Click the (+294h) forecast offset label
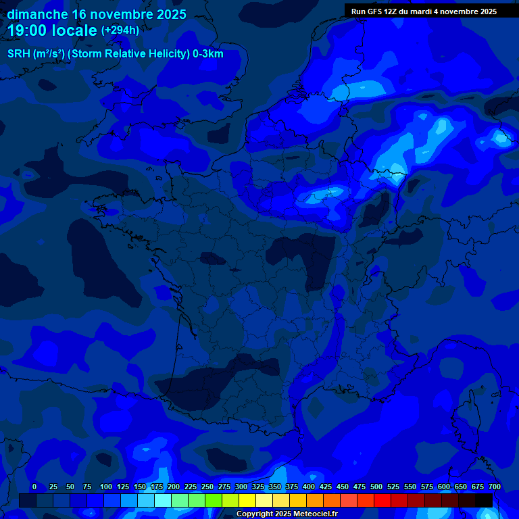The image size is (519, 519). (120, 30)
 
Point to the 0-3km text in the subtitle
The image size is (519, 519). (207, 54)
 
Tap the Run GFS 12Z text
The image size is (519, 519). (376, 11)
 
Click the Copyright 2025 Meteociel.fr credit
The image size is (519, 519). (287, 514)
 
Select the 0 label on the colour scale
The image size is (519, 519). (34, 487)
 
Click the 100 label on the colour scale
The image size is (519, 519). (106, 487)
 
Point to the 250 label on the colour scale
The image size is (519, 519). (207, 487)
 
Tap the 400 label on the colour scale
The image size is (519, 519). (309, 487)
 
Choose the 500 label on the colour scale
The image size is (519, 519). (376, 487)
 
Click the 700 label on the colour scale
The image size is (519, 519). (495, 487)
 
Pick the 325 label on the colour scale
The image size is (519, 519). (258, 487)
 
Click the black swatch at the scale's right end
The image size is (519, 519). (484, 500)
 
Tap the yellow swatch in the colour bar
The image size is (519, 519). (247, 500)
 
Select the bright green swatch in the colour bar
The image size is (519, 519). (214, 500)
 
